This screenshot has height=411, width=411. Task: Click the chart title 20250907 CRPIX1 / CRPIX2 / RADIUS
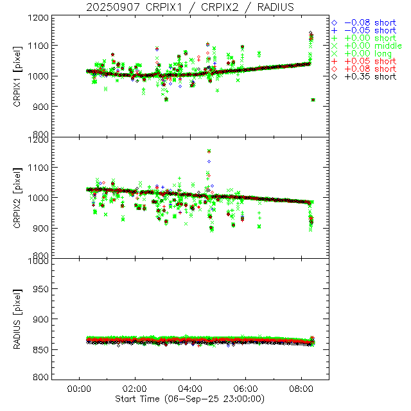pos(205,7)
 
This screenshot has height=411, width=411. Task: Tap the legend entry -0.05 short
pos(369,30)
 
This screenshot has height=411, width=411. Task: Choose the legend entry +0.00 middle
pos(371,46)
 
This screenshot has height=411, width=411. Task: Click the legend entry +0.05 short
pos(369,61)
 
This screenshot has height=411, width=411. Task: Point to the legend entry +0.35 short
pos(369,76)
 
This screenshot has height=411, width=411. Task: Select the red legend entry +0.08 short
pos(369,69)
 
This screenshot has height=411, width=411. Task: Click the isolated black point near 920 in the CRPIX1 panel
pos(313,100)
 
